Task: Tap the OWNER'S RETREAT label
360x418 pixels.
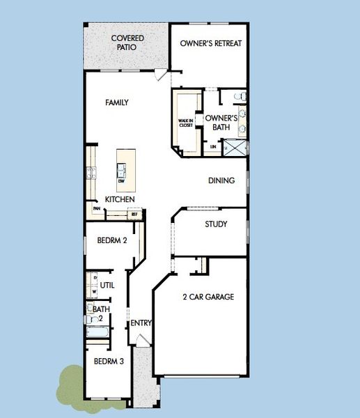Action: pyautogui.click(x=210, y=43)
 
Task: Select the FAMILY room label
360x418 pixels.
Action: pyautogui.click(x=117, y=102)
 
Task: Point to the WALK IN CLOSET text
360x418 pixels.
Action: pyautogui.click(x=185, y=123)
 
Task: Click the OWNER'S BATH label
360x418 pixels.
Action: pyautogui.click(x=221, y=123)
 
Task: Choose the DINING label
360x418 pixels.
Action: pyautogui.click(x=221, y=180)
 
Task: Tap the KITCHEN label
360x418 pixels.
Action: pyautogui.click(x=120, y=200)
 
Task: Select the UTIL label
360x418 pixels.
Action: pyautogui.click(x=107, y=285)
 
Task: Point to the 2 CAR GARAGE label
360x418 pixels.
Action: pyautogui.click(x=208, y=297)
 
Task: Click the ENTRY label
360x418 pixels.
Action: pyautogui.click(x=141, y=323)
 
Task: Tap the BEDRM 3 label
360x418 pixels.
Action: pyautogui.click(x=109, y=362)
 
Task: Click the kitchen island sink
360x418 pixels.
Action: pyautogui.click(x=121, y=169)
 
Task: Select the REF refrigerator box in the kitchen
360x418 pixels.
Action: pyautogui.click(x=135, y=215)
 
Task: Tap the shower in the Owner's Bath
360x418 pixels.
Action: pyautogui.click(x=237, y=147)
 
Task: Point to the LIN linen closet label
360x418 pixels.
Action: pyautogui.click(x=213, y=147)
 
